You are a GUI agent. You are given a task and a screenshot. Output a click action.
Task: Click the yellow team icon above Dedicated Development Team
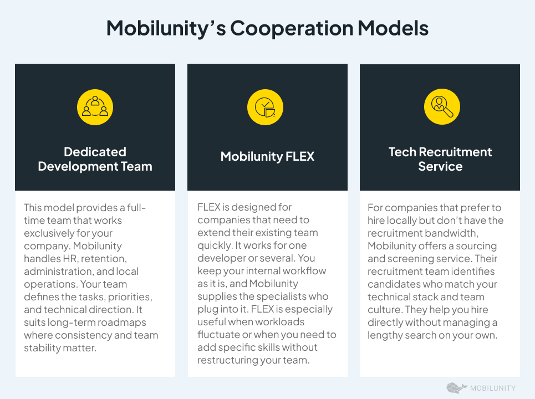click(95, 107)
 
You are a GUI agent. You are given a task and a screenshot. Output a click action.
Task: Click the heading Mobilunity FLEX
click(267, 157)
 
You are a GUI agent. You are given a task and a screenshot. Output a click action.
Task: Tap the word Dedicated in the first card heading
click(95, 152)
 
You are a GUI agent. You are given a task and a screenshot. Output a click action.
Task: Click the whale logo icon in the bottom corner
click(456, 388)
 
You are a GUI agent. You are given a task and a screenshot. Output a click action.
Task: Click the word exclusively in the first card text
click(49, 233)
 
